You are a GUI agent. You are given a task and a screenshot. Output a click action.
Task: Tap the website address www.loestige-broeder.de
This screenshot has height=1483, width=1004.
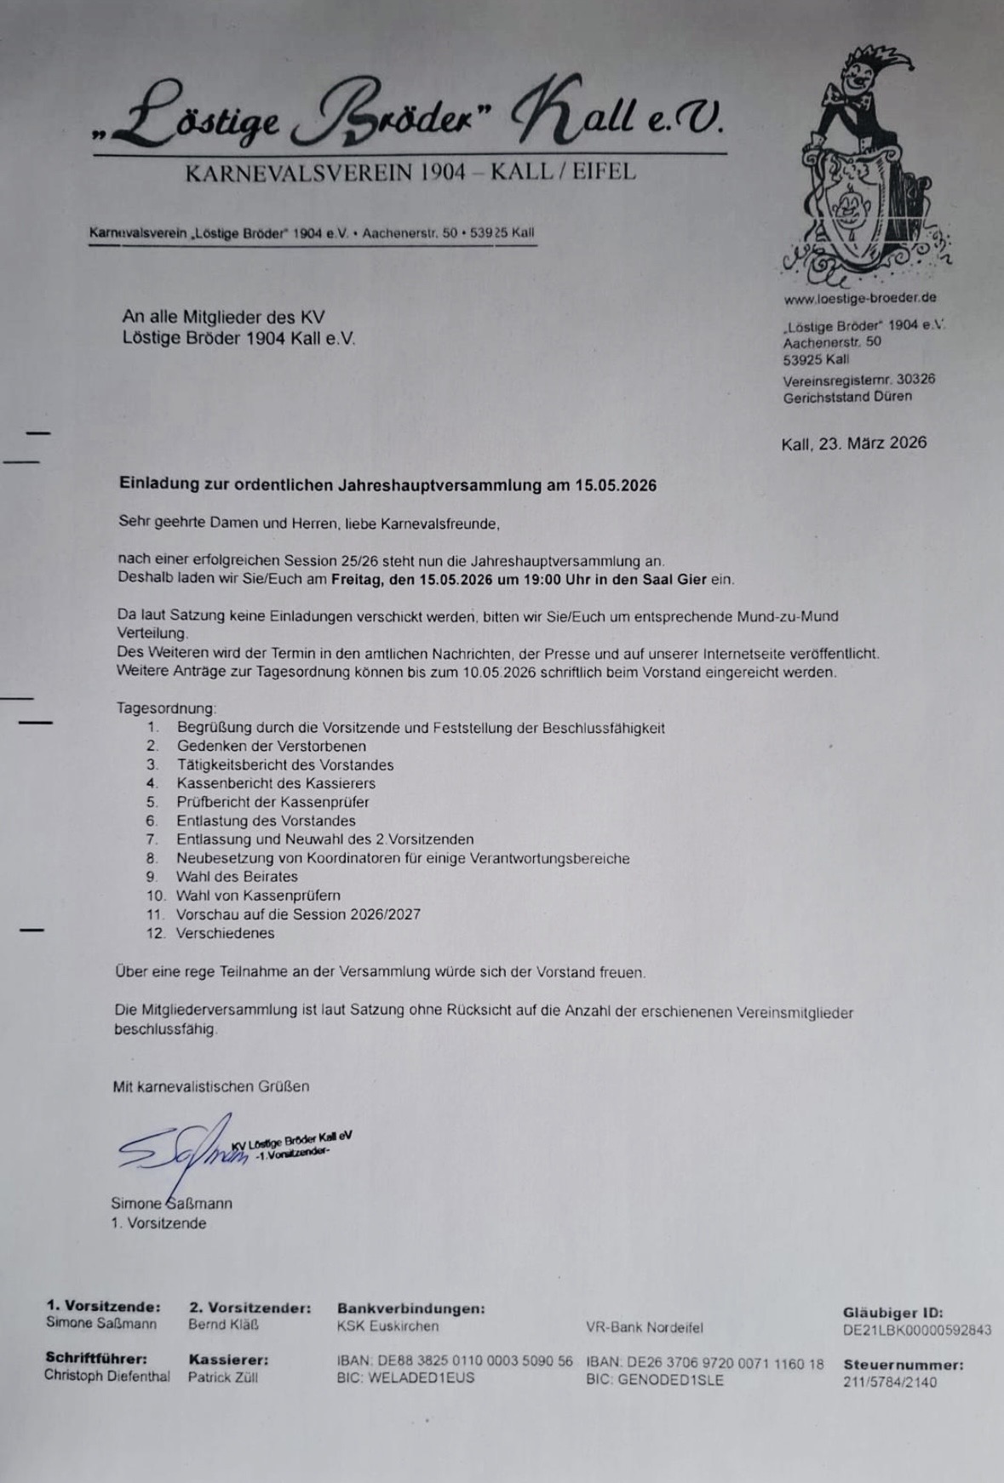coord(860,298)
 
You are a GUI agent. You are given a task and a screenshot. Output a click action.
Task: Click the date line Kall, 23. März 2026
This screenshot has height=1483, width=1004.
coord(853,443)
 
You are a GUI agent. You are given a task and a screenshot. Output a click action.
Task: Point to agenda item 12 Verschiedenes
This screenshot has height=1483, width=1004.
coord(225,933)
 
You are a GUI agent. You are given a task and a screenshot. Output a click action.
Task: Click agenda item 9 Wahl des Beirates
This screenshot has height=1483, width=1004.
coord(237,877)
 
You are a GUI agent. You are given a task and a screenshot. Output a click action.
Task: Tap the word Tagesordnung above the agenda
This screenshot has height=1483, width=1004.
coord(166,708)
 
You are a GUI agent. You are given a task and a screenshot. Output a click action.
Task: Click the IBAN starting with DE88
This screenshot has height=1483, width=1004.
coord(455,1361)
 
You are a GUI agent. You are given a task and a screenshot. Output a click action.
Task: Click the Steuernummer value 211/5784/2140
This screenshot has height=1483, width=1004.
coord(890,1382)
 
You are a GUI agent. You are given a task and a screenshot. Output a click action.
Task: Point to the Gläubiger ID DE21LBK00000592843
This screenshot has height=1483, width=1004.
coord(917,1330)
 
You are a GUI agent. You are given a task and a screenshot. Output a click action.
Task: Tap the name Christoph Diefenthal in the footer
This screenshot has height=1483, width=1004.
coord(107,1376)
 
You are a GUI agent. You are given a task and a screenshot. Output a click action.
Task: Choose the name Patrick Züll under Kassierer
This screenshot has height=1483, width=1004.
coord(222,1377)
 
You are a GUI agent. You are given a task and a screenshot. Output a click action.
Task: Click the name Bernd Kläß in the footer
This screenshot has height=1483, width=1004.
coord(223,1325)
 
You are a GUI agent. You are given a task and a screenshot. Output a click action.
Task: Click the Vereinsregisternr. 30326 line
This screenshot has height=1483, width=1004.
coord(858,379)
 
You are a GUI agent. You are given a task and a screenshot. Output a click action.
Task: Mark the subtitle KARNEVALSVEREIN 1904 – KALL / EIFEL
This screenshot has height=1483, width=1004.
coord(410,172)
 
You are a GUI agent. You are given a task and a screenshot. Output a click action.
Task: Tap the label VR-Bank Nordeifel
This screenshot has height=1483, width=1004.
coord(644,1327)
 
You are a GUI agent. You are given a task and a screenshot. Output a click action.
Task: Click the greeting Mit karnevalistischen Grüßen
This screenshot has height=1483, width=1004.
coord(211,1086)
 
